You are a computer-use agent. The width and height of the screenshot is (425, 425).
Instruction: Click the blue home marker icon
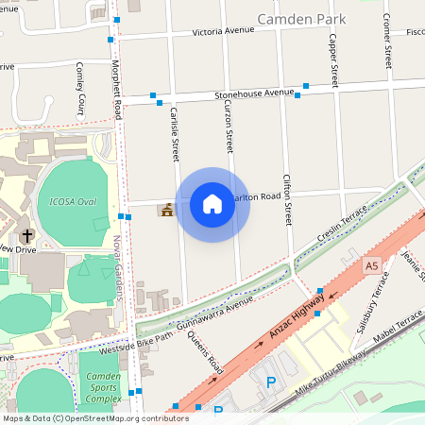coord(212,204)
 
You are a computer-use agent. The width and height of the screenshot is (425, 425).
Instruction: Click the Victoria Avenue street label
coord(224,31)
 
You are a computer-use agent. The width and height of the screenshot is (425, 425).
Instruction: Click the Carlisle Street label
coord(174,132)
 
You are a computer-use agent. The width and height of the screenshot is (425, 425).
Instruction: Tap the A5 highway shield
coord(371,267)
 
